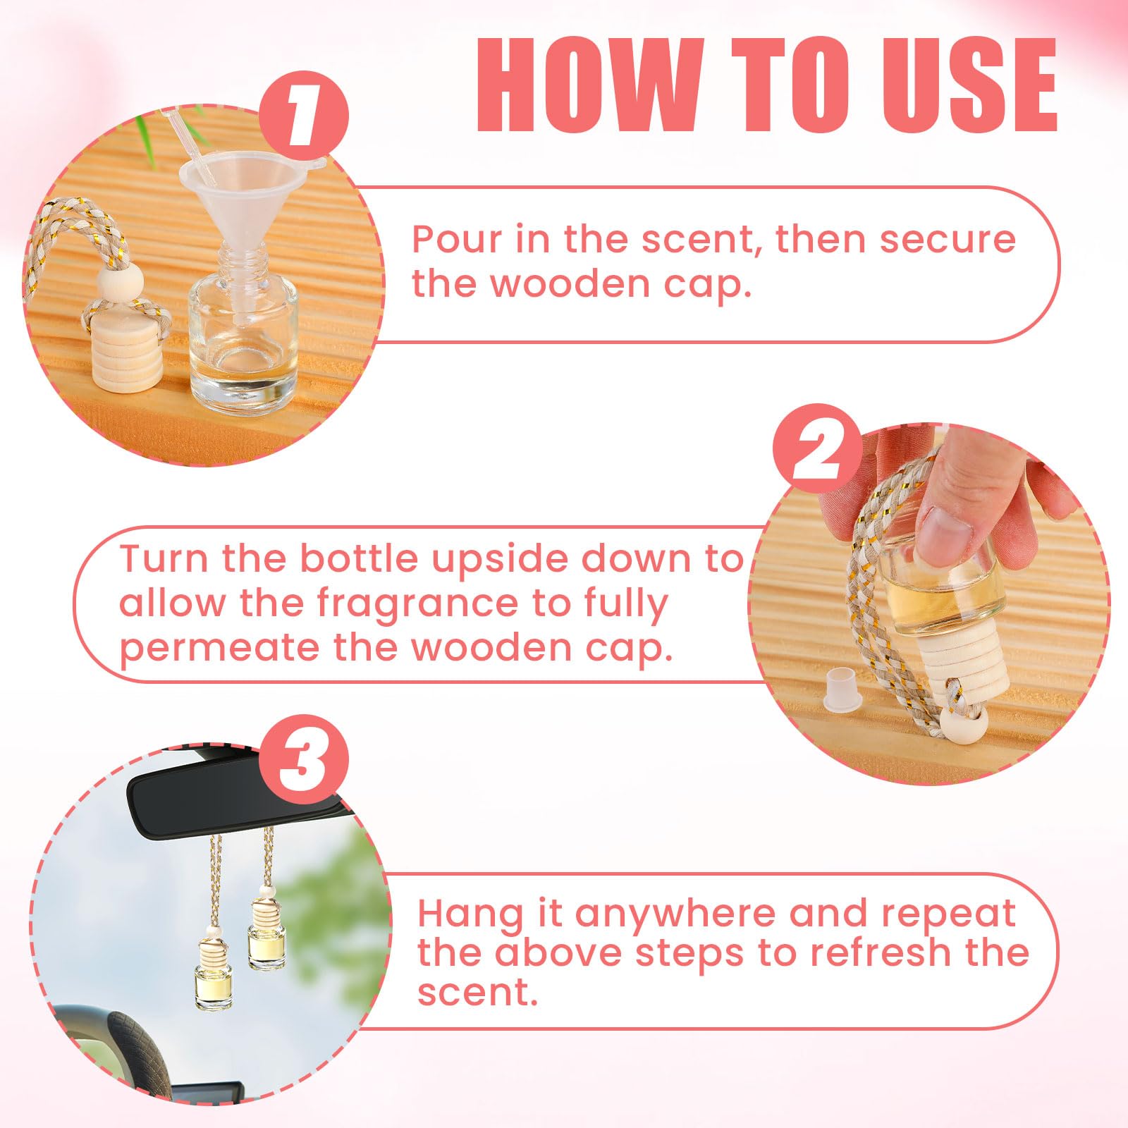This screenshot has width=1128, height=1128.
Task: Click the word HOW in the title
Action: tap(588, 86)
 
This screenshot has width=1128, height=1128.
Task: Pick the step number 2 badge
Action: tap(819, 449)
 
